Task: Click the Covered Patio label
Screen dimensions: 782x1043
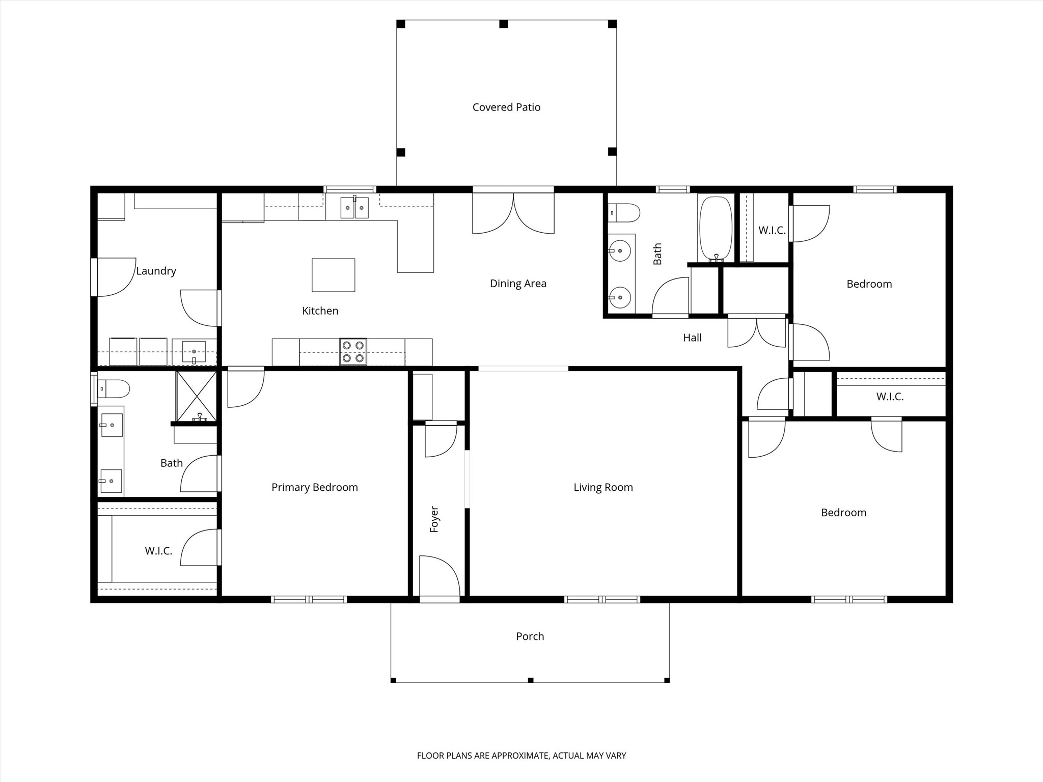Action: (x=506, y=107)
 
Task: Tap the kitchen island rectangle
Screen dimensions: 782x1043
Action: (x=333, y=275)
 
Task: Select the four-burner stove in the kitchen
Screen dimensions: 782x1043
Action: (x=353, y=352)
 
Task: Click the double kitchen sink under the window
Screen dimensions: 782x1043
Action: (x=354, y=208)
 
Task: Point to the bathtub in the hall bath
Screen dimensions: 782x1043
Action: (x=716, y=229)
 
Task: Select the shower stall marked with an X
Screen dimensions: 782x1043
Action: (x=196, y=396)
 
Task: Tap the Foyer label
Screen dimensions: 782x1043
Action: (x=434, y=519)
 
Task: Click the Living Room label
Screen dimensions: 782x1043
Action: (x=603, y=487)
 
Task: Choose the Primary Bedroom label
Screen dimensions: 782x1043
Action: (x=314, y=487)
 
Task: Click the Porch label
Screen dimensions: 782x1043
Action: (x=530, y=636)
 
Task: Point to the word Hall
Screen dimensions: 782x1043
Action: (x=692, y=338)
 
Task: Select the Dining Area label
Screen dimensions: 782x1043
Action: (x=518, y=284)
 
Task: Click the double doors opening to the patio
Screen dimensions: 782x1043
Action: (x=513, y=214)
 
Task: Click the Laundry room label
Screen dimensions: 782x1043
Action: (x=156, y=271)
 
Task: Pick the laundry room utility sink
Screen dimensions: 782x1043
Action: (x=194, y=352)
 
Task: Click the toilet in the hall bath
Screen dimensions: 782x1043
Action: (x=624, y=213)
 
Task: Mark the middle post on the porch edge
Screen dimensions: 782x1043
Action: (x=530, y=680)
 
